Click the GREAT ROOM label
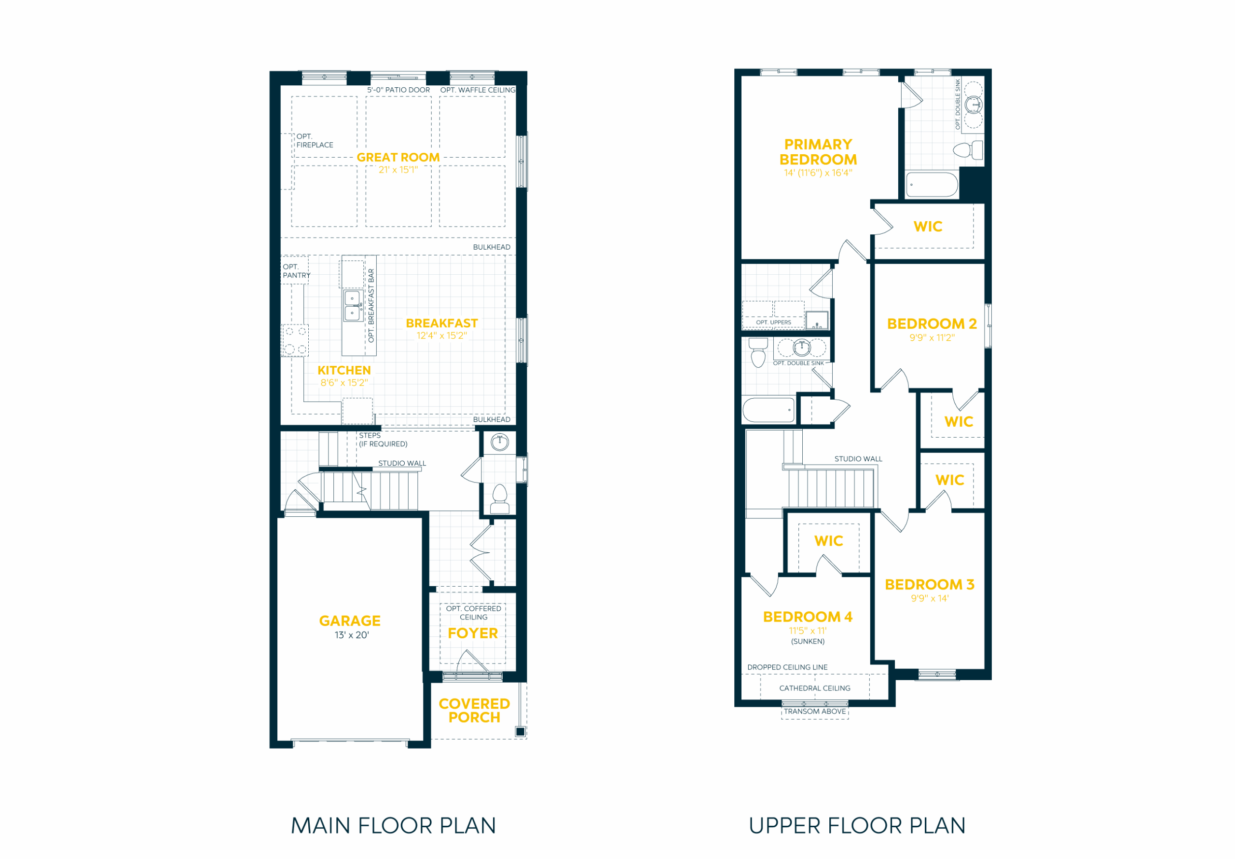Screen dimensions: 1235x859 click(398, 158)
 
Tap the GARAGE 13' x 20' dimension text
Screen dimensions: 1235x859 click(352, 635)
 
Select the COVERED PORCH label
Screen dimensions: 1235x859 click(474, 710)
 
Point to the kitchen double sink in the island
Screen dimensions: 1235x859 click(352, 305)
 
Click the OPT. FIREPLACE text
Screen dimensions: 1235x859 click(315, 141)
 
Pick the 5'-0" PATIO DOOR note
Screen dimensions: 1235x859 click(398, 90)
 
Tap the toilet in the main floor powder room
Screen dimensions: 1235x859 click(500, 499)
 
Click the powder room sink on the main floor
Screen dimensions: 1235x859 click(500, 442)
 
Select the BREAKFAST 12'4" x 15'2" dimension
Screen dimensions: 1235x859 click(441, 336)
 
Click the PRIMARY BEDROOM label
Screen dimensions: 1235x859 click(818, 152)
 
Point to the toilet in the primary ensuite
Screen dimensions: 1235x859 click(968, 150)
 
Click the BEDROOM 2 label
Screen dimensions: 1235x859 click(932, 323)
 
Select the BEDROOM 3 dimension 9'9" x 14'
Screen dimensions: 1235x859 click(930, 598)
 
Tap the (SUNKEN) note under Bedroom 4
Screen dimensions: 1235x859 click(808, 641)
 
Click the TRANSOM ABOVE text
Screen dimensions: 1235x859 click(815, 711)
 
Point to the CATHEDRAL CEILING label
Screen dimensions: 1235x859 click(815, 688)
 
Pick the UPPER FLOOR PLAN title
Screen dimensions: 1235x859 click(857, 826)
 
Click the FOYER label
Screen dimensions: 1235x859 click(473, 633)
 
